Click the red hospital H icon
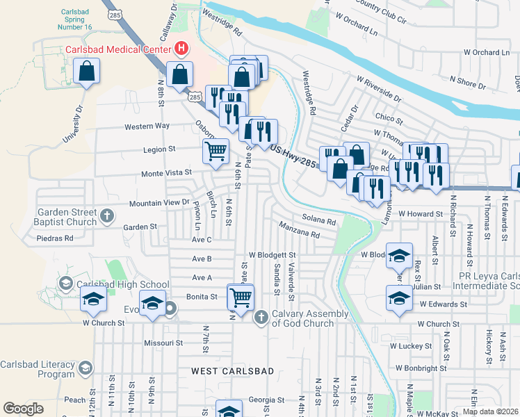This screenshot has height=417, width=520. coord(181,49)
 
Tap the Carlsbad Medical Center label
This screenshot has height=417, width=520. coord(117,49)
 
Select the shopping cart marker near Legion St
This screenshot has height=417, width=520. coord(216,151)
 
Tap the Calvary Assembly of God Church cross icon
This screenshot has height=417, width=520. coord(261,318)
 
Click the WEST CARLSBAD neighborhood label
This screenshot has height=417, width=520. coord(233,372)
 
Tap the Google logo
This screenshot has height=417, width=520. coord(23,409)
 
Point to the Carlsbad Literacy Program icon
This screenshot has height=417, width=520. coord(85,368)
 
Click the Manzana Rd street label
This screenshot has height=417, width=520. coord(300,231)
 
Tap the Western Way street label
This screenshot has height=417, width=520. coord(147,126)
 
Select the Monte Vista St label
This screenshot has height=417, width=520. coord(166,173)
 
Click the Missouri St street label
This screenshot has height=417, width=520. coord(163,343)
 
